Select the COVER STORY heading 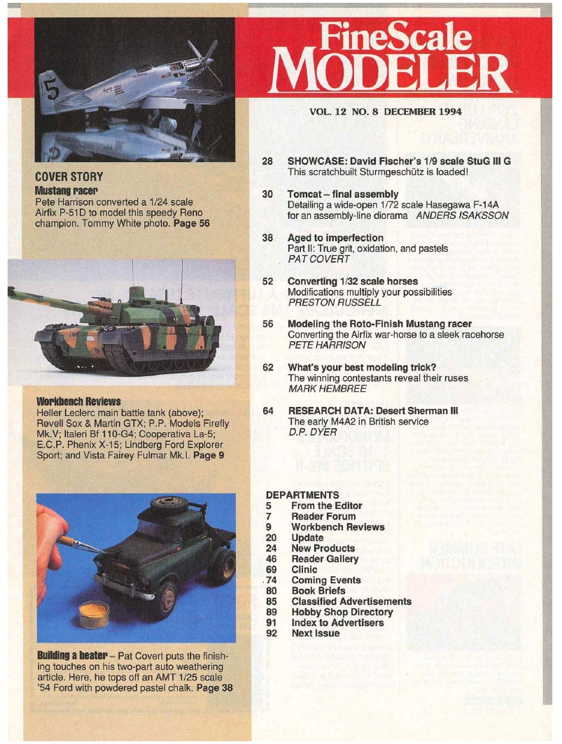69,176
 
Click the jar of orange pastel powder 94,613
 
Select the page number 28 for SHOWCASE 267,161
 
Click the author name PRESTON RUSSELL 325,302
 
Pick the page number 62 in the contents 267,367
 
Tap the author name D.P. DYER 313,432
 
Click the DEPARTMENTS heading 302,494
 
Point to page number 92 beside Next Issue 272,634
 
